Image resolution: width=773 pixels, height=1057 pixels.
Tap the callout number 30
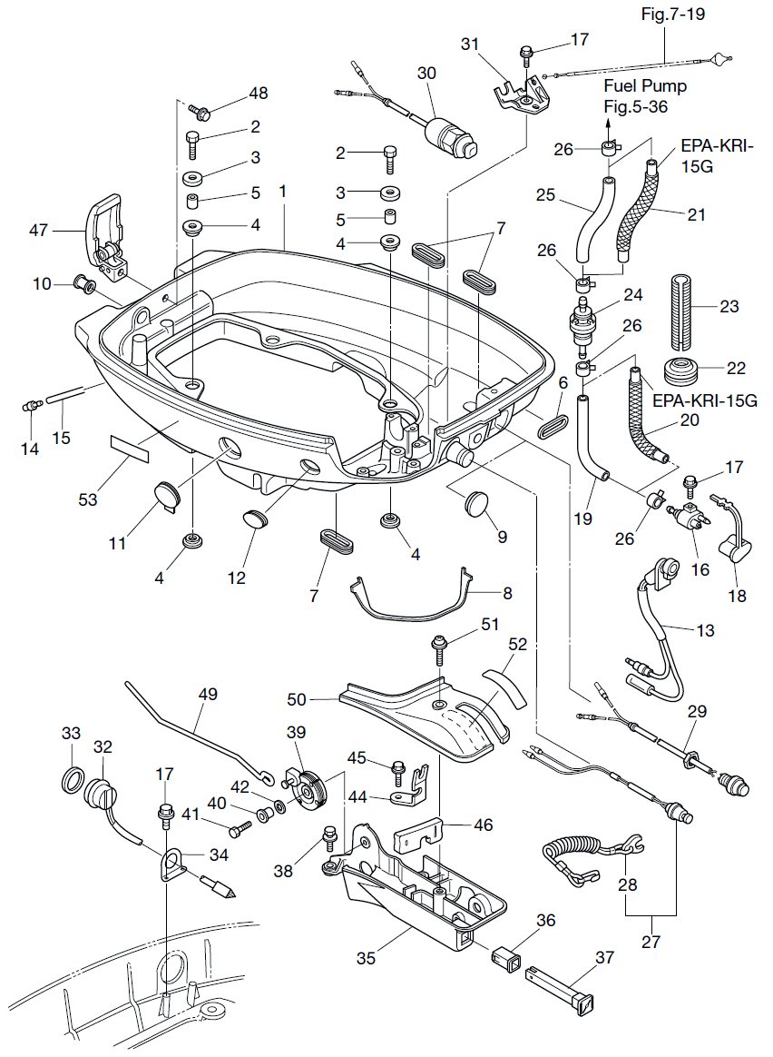point(426,73)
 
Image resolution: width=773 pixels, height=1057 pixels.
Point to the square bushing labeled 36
point(503,955)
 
